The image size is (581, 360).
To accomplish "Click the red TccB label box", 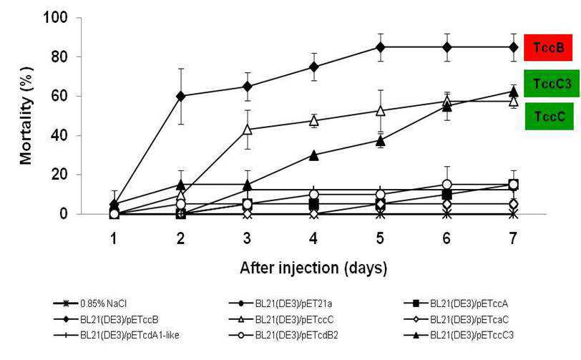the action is [x=548, y=47].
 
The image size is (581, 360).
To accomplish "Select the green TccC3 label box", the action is [x=552, y=84].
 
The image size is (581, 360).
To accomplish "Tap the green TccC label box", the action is [x=549, y=117].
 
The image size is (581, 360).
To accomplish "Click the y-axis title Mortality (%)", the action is [x=26, y=116].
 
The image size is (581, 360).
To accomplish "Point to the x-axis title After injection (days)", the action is [x=313, y=268].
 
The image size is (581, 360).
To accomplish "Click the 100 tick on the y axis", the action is [x=56, y=17].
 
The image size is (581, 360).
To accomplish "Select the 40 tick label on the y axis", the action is [x=59, y=135].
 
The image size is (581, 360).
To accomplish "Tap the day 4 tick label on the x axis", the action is [x=313, y=238].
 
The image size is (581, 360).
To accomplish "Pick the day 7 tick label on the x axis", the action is [x=513, y=238].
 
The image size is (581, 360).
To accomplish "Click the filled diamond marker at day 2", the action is [x=180, y=96].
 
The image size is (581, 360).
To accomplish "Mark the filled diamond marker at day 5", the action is [x=380, y=47].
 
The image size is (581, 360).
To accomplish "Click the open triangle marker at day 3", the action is [x=247, y=130].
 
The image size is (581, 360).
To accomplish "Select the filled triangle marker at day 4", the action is [x=313, y=155].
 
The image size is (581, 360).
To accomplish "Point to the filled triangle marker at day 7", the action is [x=513, y=91].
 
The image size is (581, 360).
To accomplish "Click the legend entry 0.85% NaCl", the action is [x=90, y=304].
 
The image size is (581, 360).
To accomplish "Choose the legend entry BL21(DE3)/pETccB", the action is [x=107, y=320].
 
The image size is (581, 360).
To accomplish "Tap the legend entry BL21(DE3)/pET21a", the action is [x=280, y=304].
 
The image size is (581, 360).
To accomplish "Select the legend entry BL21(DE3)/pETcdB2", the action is [x=283, y=335].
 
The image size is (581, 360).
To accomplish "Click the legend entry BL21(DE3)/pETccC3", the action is [x=459, y=335].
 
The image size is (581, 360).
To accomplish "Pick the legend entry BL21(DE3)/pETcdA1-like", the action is [x=117, y=335].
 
